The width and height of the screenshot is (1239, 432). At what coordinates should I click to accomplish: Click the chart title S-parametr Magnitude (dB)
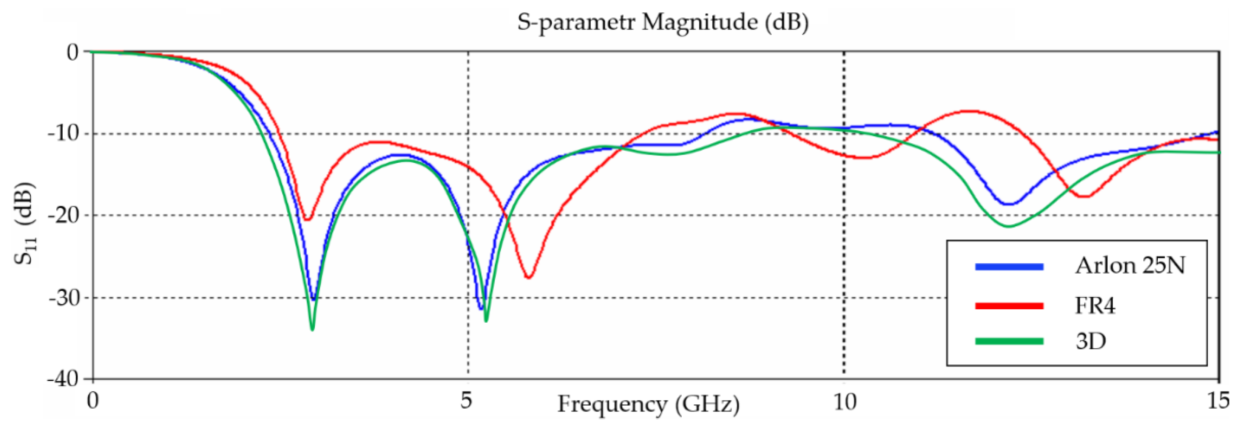[x=662, y=22]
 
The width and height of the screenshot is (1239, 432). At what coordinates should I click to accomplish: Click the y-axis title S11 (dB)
[x=24, y=223]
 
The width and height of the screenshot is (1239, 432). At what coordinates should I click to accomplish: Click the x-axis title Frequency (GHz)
[x=648, y=404]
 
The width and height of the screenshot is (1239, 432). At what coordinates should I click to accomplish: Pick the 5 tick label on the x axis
[x=466, y=400]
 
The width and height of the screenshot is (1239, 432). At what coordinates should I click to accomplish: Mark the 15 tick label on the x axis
[x=1218, y=400]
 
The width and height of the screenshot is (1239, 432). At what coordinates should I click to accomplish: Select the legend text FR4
[x=1095, y=305]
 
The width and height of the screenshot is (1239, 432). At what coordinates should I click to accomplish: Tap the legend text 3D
[x=1091, y=341]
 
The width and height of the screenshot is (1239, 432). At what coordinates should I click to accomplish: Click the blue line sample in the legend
[x=1009, y=267]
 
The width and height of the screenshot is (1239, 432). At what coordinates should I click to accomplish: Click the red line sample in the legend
[x=1009, y=306]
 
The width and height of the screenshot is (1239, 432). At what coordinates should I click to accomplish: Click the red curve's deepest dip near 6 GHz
[x=529, y=277]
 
